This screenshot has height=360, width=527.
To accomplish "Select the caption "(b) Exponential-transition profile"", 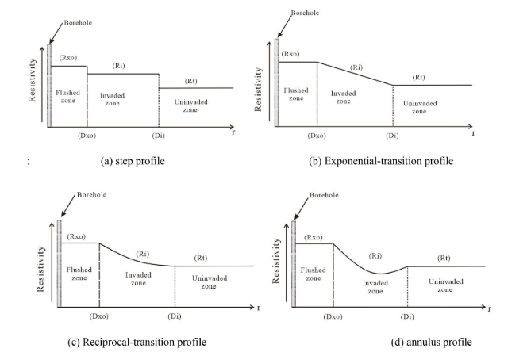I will pyautogui.click(x=382, y=162).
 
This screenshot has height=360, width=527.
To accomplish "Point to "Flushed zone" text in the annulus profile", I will pyautogui.click(x=313, y=274).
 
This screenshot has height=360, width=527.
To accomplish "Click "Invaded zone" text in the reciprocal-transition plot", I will pyautogui.click(x=138, y=280).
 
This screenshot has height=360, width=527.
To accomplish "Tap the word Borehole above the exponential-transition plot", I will pyautogui.click(x=305, y=13).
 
